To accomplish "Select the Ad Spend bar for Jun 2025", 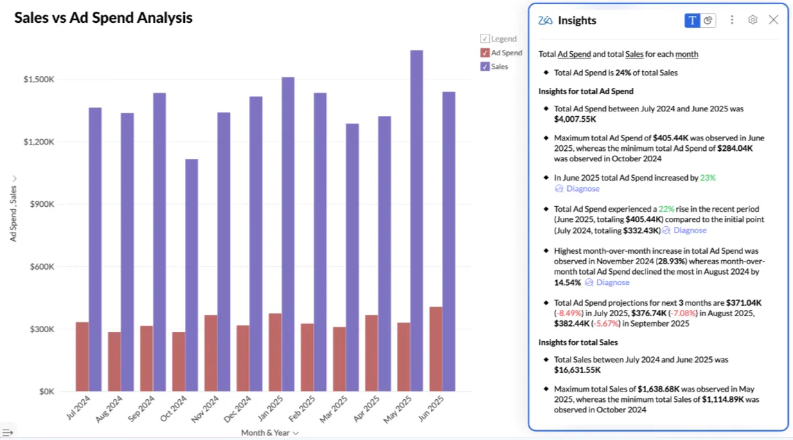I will coord(435,349).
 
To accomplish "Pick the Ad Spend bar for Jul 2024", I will coord(82,356).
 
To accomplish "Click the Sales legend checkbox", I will coord(485,66).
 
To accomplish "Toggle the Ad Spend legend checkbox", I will coord(485,53).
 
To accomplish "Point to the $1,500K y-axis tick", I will coord(39,80).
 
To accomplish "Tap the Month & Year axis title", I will coord(266,432).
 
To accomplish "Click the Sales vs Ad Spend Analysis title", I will coord(103,18).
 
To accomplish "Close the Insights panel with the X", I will coord(774,20).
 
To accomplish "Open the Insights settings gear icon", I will coord(753,20).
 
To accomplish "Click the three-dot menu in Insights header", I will coord(732,20).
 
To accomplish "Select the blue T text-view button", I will coord(692,20).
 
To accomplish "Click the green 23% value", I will coord(707,178).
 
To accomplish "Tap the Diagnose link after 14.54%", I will coord(612,282).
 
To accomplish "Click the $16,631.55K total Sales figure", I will coord(577,370).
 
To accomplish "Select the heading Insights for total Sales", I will coord(578,342).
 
